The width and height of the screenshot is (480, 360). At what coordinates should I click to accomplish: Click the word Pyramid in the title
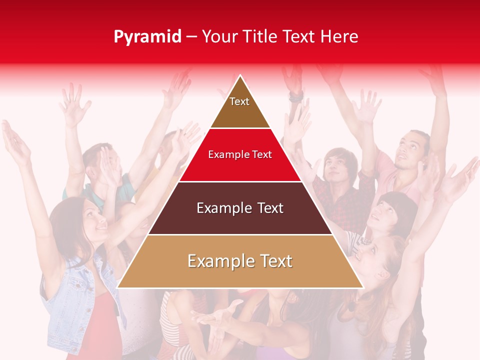point(147,37)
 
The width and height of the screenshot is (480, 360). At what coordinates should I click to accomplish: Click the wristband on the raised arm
point(295,96)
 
